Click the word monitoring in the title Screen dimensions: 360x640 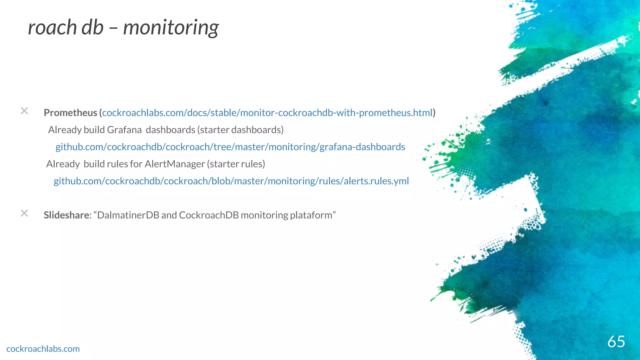point(171,27)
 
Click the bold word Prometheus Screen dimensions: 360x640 point(70,113)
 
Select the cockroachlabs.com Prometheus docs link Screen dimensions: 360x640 point(267,113)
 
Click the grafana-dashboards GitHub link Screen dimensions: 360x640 point(230,147)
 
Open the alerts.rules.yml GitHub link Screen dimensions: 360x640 point(231,181)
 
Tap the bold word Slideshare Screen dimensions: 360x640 point(67,215)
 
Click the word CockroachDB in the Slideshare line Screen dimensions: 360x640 point(209,215)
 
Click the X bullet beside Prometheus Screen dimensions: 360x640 point(24,111)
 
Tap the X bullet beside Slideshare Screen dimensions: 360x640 point(24,213)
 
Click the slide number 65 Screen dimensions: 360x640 point(616,341)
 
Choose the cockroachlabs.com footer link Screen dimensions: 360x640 point(43,349)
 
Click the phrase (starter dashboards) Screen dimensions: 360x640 point(240,130)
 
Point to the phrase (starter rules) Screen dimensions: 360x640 point(236,164)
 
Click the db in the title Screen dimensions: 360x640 point(92,27)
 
